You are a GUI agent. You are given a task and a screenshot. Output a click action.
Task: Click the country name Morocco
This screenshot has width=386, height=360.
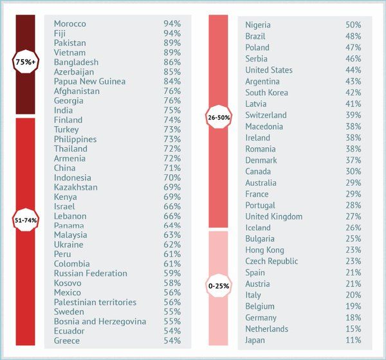[70, 24]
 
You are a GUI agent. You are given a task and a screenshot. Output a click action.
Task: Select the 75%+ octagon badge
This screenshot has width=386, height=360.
[26, 62]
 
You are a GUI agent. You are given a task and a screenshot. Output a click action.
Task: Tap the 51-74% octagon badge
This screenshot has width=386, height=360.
[26, 220]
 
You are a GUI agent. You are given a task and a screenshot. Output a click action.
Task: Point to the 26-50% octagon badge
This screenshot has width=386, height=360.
[219, 118]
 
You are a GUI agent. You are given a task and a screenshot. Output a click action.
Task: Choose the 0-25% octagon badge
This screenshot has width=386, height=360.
[219, 285]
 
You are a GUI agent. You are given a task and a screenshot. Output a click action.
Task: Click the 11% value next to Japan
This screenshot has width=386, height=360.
[353, 340]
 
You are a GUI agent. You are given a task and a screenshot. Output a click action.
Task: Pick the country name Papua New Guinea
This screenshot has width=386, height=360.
[89, 82]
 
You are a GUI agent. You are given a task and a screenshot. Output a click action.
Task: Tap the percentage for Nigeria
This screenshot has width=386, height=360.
[353, 25]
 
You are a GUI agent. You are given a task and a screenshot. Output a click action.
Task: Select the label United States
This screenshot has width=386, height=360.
[269, 70]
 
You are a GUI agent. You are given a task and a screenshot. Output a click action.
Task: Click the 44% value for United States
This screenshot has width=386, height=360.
[353, 70]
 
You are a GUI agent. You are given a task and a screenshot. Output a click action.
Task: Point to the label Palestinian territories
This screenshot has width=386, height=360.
[95, 302]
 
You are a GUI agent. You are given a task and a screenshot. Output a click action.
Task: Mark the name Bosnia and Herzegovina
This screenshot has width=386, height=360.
[100, 321]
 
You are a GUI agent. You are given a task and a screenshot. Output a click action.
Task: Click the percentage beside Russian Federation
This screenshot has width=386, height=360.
[172, 273]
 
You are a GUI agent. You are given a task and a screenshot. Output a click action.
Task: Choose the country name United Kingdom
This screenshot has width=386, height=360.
[273, 217]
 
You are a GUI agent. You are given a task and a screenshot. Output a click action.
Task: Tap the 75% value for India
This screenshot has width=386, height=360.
[172, 111]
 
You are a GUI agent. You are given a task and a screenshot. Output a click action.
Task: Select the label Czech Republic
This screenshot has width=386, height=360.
[271, 262]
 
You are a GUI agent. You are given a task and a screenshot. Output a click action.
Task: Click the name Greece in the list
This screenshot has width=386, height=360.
[67, 341]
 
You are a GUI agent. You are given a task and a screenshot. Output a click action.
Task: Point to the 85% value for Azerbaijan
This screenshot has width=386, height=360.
[172, 72]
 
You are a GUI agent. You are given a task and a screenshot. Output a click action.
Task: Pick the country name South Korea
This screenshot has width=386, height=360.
[267, 93]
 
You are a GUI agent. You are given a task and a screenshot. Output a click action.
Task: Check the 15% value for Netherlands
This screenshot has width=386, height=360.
[353, 329]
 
